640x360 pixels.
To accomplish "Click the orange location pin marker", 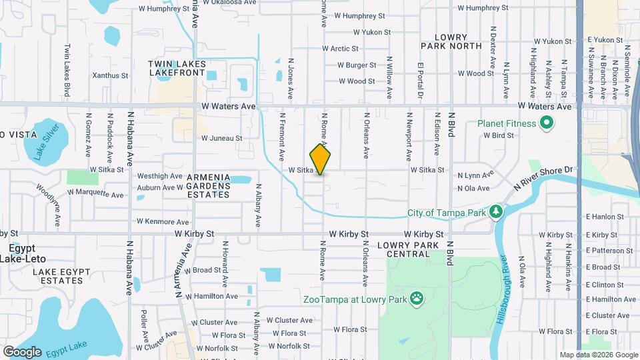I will (321, 159).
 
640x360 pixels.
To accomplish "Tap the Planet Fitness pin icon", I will (547, 123).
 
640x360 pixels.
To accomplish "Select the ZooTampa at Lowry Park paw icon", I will (417, 299).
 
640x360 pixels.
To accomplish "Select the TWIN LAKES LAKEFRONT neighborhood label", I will (180, 68).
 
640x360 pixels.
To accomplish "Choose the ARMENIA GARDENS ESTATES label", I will (208, 185).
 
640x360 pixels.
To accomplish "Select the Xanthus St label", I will (110, 75).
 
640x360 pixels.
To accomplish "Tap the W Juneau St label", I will (221, 138).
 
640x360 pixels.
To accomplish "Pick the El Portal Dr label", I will (421, 83).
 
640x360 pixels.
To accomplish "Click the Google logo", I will (22, 351).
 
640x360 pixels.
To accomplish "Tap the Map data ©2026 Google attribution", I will (597, 355).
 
